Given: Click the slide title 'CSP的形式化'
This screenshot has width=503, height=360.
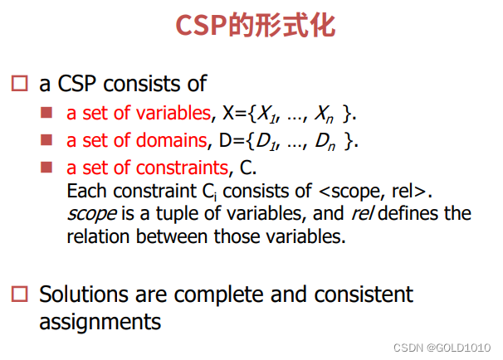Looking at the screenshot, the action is tap(256, 26).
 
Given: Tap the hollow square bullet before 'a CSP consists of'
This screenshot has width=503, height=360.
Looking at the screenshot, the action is tap(20, 83).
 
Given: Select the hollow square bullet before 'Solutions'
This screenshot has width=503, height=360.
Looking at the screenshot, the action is tap(20, 294).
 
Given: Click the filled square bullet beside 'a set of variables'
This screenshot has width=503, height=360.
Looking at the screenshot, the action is tap(46, 113).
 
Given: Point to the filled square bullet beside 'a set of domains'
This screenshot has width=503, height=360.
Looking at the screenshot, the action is tap(46, 140).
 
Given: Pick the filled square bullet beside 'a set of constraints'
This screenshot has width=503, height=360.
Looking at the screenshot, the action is tap(46, 168).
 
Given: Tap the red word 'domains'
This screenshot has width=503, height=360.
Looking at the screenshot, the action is tap(172, 140).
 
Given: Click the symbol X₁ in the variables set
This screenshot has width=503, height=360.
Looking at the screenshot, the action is tap(267, 114).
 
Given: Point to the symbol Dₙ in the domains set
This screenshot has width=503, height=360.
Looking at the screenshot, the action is tap(325, 141).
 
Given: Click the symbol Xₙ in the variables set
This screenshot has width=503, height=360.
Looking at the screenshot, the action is tap(324, 114).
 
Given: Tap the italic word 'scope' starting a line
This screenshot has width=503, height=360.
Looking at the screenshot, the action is tap(92, 214).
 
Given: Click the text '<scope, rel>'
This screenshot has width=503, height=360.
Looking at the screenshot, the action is tap(373, 192).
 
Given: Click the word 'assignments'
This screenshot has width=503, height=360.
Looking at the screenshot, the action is tap(100, 322).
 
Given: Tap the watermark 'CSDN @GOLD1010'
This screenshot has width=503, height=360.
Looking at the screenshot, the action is tap(442, 348).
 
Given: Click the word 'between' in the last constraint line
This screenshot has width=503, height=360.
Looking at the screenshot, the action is tap(172, 236).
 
